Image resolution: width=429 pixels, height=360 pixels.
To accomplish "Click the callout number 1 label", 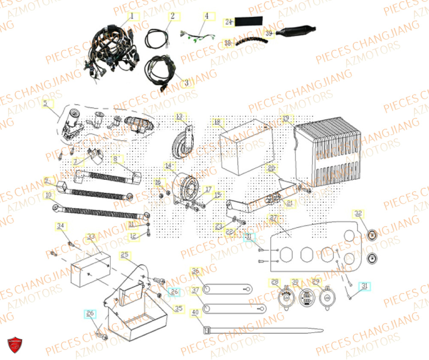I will pos(132,17).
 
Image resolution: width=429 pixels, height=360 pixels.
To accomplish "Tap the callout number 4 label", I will pos(206,17).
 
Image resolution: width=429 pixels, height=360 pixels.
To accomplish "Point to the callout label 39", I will pos(269,33).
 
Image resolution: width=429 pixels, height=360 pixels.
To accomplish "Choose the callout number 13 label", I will pos(179,116).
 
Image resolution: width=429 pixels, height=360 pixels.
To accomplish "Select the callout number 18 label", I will pos(217,122).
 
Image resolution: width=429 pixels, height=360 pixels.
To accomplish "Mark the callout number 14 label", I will pos(168,165).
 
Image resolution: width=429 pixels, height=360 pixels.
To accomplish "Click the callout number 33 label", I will pos(91,236).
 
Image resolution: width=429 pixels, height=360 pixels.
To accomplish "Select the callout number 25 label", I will pos(124,254).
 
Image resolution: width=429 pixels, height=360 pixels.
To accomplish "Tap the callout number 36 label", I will pos(196,271).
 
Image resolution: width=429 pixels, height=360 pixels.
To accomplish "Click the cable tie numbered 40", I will pos(262,331).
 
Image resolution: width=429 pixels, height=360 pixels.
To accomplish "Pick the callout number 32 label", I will pos(358,213).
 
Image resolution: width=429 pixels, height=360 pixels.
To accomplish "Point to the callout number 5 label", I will pos(45,103).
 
